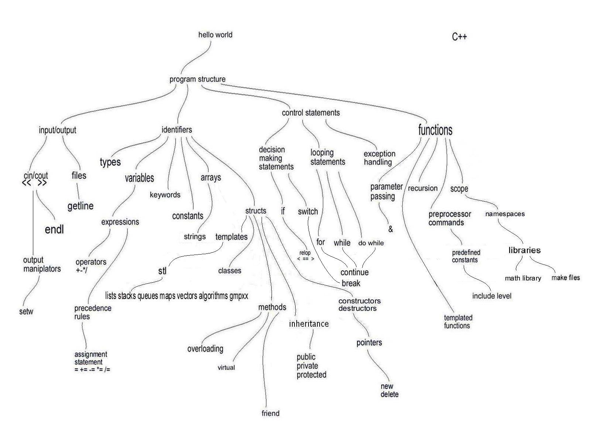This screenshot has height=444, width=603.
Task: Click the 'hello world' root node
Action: click(x=215, y=35)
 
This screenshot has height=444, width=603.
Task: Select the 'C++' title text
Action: click(x=459, y=37)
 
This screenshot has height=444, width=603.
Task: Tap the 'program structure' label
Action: click(x=197, y=79)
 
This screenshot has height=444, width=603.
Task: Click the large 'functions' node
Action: click(x=435, y=130)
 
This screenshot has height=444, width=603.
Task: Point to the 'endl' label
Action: click(x=54, y=229)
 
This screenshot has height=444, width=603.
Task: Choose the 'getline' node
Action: click(x=81, y=206)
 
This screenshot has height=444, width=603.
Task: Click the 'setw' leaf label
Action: click(x=26, y=311)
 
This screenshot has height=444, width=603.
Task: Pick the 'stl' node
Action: click(x=163, y=271)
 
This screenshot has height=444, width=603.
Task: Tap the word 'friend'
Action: click(x=270, y=413)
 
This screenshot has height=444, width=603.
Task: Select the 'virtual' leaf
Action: click(x=226, y=367)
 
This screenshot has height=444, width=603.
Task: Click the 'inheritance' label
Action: click(x=309, y=324)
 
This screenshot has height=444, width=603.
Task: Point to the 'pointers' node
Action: click(x=369, y=343)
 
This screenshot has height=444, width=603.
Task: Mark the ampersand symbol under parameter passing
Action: click(x=391, y=229)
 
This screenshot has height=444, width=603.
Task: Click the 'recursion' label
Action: click(x=422, y=188)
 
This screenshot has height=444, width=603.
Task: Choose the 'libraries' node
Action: click(x=524, y=250)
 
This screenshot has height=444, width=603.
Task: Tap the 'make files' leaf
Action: click(x=565, y=277)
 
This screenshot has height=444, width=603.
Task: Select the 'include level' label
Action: click(x=491, y=296)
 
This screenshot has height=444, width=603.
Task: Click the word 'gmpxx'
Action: click(x=239, y=296)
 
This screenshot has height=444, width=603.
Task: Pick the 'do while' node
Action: click(x=371, y=243)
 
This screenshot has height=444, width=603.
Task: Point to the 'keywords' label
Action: click(x=165, y=195)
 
